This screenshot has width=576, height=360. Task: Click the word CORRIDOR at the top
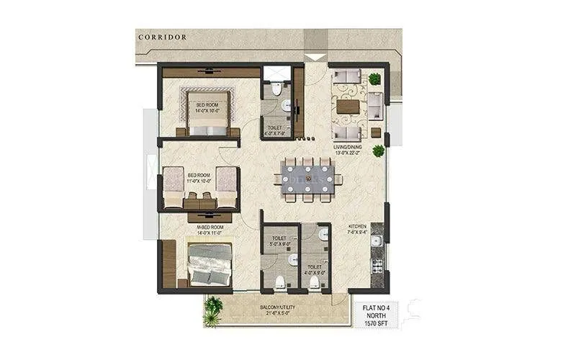coord(162,37)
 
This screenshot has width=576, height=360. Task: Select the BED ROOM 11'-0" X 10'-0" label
coord(199,178)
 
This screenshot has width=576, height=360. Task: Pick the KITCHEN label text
coord(358,228)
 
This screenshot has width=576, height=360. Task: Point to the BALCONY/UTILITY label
coord(274,309)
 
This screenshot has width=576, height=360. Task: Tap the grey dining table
coord(308,178)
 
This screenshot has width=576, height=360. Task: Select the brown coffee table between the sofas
coord(348,107)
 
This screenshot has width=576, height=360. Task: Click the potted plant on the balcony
coord(212,307)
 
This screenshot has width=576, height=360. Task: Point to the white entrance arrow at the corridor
coord(314,57)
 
